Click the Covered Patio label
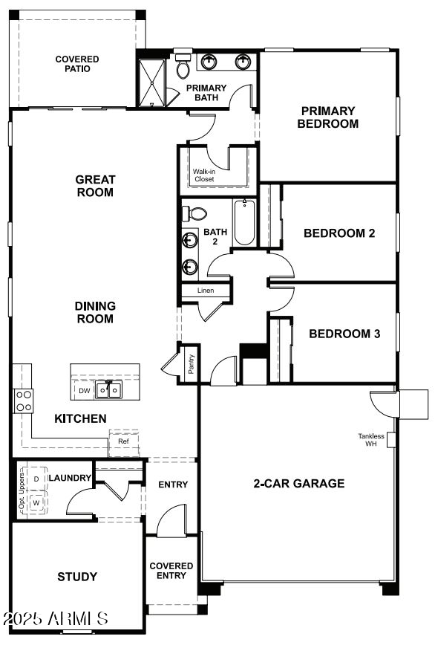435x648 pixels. [x=77, y=64]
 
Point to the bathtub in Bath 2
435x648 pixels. [x=245, y=223]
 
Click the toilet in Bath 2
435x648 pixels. [x=194, y=214]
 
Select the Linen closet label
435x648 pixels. [x=206, y=291]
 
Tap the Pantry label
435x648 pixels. [x=191, y=365]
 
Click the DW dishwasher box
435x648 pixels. [x=85, y=389]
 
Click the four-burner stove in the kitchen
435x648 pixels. [x=24, y=401]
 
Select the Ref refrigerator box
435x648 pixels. [x=123, y=441]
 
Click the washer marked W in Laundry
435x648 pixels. [x=36, y=503]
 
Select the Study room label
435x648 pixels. [x=77, y=577]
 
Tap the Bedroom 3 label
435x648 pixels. [x=344, y=334]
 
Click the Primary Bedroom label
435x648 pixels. [x=327, y=117]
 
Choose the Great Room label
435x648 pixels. [x=95, y=186]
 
